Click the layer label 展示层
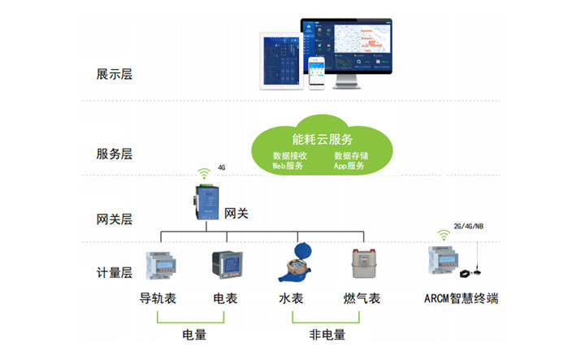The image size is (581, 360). (114, 75)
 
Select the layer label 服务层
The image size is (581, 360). (114, 154)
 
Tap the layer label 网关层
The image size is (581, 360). (114, 219)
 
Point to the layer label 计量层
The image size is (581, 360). (114, 273)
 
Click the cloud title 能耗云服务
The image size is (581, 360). (323, 138)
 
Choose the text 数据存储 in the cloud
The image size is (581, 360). (351, 155)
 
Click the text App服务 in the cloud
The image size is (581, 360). (349, 166)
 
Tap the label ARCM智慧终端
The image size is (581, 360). (461, 299)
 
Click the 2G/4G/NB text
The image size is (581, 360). (468, 227)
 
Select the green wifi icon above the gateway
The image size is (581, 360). (204, 173)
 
